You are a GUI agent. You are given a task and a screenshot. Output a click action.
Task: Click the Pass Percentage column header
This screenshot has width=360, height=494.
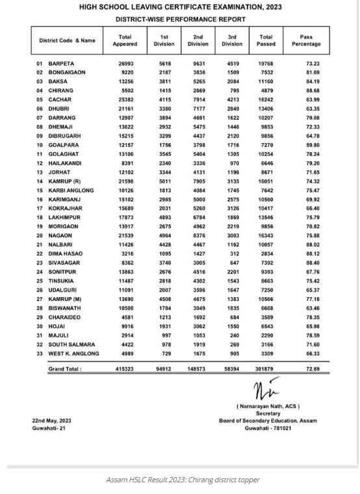(306, 40)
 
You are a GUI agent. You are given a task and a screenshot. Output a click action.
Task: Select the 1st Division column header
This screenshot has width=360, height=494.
(164, 40)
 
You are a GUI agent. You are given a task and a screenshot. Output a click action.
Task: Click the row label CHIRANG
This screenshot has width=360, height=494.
(60, 91)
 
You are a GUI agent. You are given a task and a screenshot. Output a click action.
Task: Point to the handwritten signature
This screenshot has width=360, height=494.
(268, 392)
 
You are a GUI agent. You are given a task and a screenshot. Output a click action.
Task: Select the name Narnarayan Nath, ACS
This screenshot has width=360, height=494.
(268, 406)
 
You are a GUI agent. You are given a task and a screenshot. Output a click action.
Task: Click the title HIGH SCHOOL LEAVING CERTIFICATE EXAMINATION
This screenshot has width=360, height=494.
(181, 7)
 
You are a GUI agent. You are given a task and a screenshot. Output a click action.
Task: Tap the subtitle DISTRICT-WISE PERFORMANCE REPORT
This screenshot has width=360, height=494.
(181, 19)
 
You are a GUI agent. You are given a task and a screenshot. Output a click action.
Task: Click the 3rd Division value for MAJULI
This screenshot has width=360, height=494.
(231, 335)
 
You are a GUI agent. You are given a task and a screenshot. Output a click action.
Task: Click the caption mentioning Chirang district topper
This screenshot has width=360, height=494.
(182, 480)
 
